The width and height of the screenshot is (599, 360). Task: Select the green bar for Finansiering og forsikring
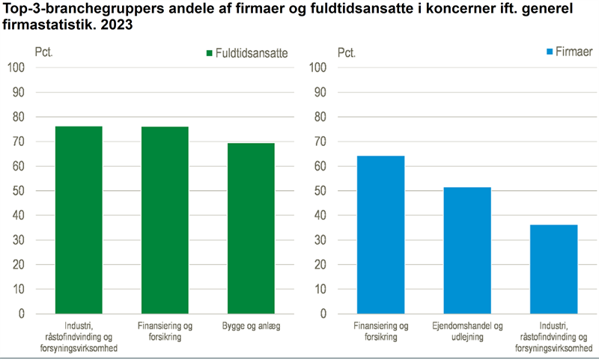[165, 220]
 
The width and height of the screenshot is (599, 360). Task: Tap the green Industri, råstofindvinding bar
[79, 220]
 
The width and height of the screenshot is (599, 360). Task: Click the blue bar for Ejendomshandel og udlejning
[467, 251]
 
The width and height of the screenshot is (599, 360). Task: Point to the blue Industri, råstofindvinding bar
[553, 269]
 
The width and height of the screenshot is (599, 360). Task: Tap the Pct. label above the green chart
[44, 53]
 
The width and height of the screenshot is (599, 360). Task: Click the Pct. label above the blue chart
[347, 53]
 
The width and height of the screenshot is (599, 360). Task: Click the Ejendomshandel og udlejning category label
[467, 332]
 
